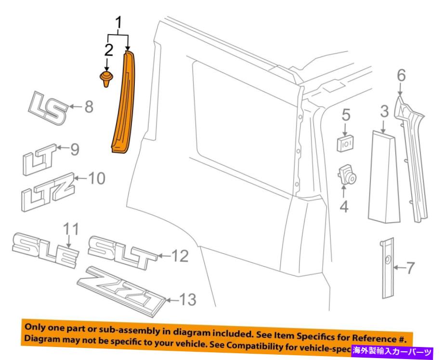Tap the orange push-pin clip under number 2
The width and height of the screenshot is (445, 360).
tap(105, 78)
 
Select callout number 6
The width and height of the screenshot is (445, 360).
tap(401, 76)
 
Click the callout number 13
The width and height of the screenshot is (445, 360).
tap(187, 300)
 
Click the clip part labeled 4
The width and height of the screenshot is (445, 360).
tap(346, 174)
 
